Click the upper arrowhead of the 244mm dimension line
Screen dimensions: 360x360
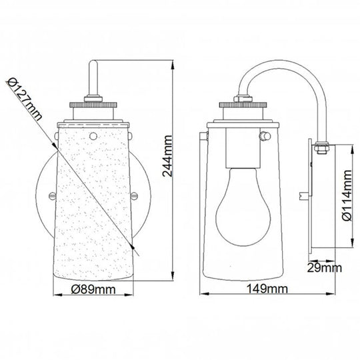173,64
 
